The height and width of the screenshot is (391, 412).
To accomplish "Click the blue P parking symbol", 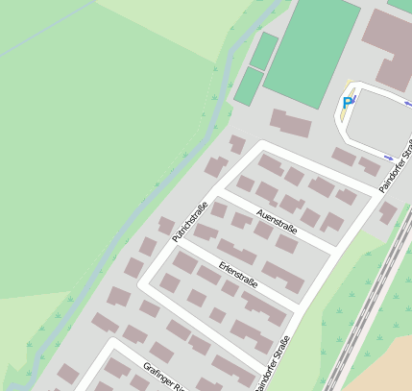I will pos(347,103).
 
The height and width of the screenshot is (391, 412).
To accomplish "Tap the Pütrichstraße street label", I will pos(190,221).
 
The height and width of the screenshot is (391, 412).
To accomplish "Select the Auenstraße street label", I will pos(278,220).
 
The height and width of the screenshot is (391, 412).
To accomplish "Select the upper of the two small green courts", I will pos(264,50).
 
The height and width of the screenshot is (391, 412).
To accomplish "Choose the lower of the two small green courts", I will pos(249,86).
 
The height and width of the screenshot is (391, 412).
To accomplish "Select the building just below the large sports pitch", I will pos(292,123).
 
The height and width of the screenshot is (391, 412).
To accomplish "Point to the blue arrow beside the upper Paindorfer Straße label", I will pos(388,157).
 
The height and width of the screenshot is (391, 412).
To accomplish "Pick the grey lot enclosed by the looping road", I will pos(379,120).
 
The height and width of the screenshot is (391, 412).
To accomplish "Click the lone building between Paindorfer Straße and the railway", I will pos(388,212).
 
